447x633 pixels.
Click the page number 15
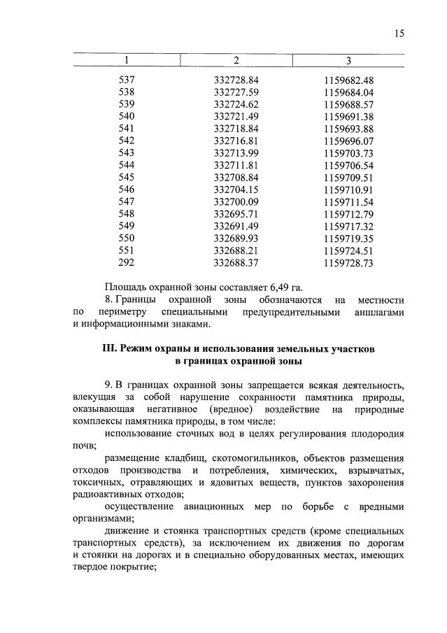tap(398, 34)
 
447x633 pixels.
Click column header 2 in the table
tap(236, 61)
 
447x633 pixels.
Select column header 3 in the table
tap(348, 61)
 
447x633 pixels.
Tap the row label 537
tap(127, 80)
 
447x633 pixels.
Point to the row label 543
tap(127, 153)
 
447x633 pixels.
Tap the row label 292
tap(127, 263)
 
